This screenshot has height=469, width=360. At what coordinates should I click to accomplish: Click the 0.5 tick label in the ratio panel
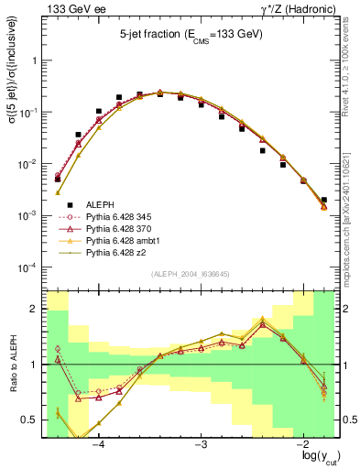(x=30, y=420)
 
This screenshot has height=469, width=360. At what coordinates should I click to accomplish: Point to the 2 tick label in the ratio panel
(x=35, y=309)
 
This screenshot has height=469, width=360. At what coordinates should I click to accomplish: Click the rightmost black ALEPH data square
(x=324, y=200)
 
